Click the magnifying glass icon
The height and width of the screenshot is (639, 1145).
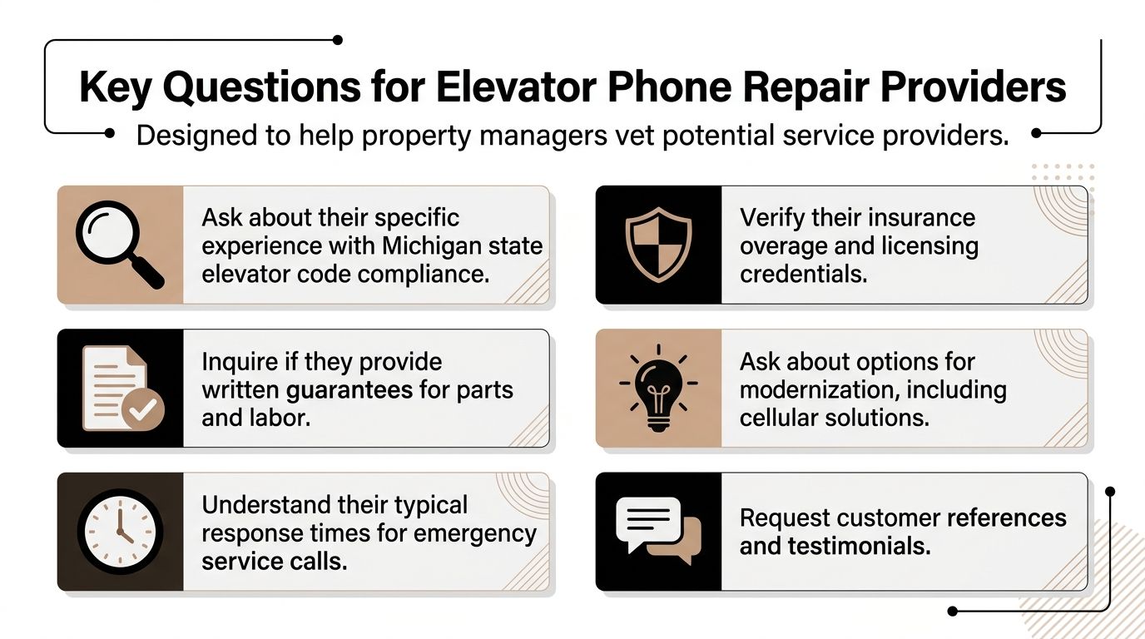118,245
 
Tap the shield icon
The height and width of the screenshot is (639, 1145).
658,244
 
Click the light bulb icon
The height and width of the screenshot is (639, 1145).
658,388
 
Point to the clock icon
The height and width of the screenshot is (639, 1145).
119,532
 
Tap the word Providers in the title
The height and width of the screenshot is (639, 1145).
967,87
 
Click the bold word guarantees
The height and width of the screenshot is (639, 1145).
349,389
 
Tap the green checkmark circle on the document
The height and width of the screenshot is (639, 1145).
142,409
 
